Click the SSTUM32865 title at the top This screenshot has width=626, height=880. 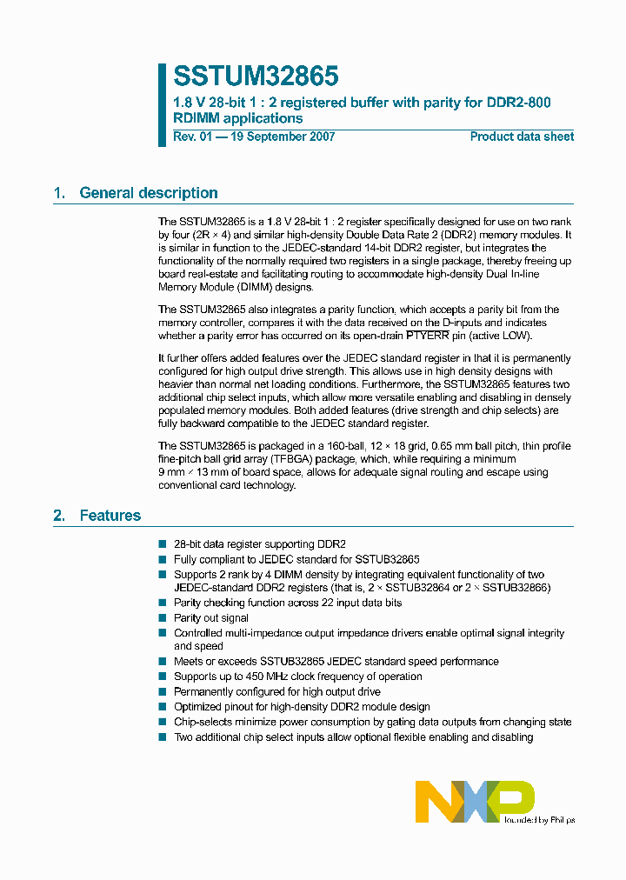click(256, 77)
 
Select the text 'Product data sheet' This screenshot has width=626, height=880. click(522, 137)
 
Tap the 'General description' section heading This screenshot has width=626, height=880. click(149, 193)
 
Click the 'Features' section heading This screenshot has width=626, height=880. click(110, 516)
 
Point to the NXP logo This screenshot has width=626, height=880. click(474, 801)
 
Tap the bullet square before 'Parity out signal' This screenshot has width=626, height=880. click(162, 618)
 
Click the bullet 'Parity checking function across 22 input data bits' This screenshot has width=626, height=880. click(288, 603)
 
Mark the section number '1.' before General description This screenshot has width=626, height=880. click(59, 193)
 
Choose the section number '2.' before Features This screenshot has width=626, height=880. click(59, 516)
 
